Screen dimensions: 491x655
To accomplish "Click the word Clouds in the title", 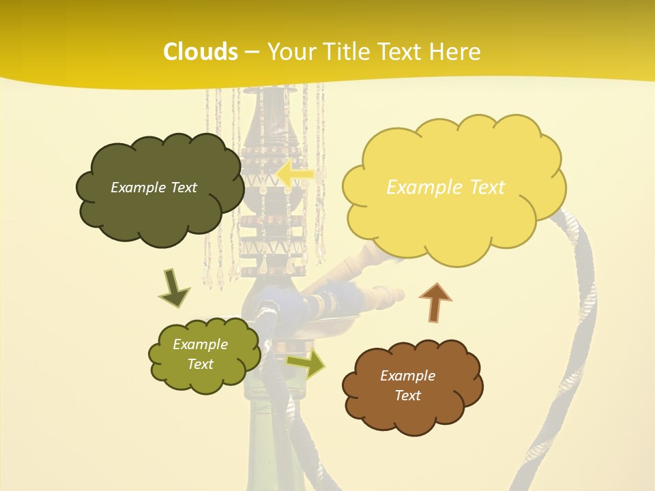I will [x=200, y=52].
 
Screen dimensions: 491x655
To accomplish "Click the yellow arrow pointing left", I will [x=295, y=174].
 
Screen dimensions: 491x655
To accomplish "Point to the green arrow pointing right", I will [x=306, y=363].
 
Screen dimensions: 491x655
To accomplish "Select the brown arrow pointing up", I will [x=435, y=302].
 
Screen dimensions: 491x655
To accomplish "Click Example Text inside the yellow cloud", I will [x=446, y=188].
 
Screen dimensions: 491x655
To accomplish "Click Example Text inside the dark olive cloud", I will [x=154, y=188].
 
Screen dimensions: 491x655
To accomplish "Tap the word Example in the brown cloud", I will [x=407, y=376].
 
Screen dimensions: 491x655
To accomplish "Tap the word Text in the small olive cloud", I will [x=200, y=364].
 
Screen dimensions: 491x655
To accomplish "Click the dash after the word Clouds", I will [x=251, y=52].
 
